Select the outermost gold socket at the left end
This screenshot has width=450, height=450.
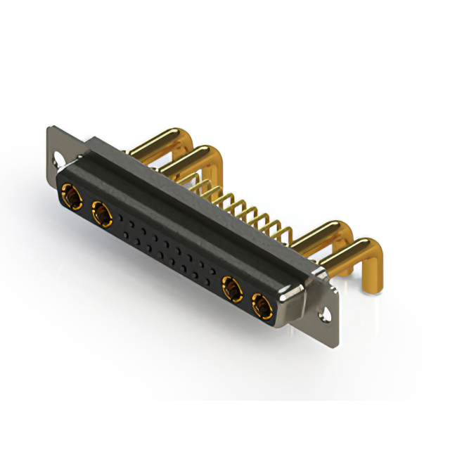70,192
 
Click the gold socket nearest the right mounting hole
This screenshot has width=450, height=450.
261,306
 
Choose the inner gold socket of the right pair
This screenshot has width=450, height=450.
231,287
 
